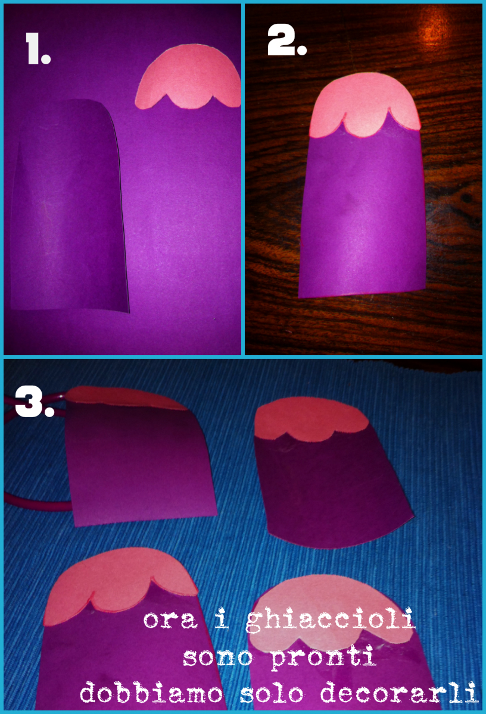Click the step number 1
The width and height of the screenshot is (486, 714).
pos(38,49)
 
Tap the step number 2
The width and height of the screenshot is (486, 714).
pos(287,40)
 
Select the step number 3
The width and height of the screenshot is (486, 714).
pos(35,402)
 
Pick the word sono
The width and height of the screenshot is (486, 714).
pos(217,657)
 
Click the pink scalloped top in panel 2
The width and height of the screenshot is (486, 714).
pos(364,105)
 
